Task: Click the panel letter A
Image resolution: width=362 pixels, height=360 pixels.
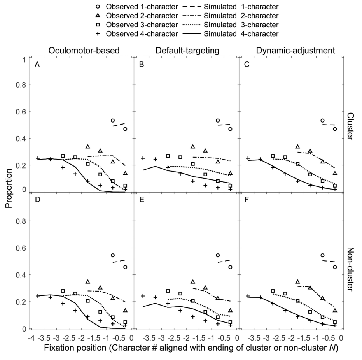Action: tap(37, 65)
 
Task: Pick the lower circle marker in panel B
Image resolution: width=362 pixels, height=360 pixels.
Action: tap(230, 129)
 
